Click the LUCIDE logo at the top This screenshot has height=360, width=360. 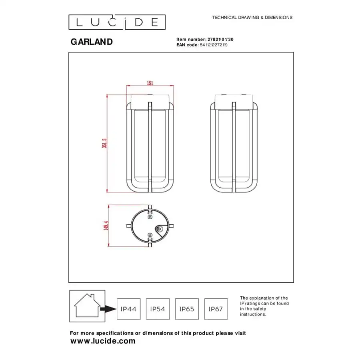[x=117, y=22]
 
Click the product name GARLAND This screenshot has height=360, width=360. [x=92, y=42]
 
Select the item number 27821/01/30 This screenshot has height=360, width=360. [x=219, y=39]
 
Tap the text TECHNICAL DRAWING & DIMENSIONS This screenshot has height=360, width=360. [x=252, y=18]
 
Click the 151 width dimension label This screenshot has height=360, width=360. [x=150, y=83]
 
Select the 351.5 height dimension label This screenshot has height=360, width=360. [x=104, y=143]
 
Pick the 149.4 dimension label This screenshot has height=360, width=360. [x=106, y=226]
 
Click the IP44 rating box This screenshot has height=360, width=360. [x=128, y=309]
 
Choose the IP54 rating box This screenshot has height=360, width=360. [x=158, y=309]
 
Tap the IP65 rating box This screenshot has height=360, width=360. [x=187, y=309]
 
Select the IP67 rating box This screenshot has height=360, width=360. [x=216, y=309]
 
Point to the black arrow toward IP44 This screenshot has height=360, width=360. [x=108, y=309]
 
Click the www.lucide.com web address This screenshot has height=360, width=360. [x=103, y=341]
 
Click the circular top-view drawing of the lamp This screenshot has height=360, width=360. [x=150, y=226]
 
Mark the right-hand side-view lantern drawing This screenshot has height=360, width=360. [x=234, y=144]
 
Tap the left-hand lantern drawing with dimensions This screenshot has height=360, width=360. [x=150, y=144]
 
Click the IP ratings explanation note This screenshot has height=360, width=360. [x=264, y=306]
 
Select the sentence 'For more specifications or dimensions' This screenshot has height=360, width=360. [x=158, y=333]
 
